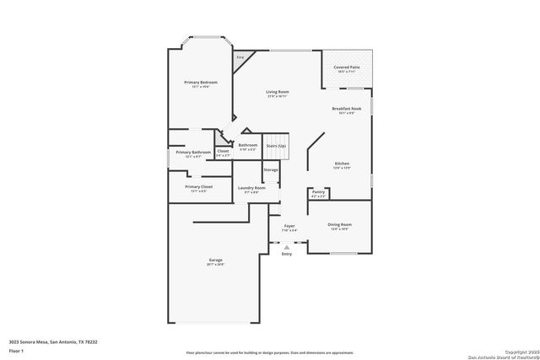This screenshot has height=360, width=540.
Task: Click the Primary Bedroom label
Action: (x=201, y=82)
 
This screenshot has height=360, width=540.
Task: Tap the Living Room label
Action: (x=278, y=92)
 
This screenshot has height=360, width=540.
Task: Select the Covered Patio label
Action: (x=347, y=67)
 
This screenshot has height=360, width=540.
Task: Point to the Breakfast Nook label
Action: (x=346, y=109)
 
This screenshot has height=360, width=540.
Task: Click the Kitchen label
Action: (x=342, y=164)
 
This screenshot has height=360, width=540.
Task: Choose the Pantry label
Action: (x=318, y=192)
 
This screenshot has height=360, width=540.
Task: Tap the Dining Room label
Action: (x=339, y=224)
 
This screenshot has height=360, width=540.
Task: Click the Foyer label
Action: (x=289, y=226)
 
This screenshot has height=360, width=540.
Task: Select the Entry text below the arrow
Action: (x=287, y=253)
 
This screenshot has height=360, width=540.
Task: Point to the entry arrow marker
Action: (x=287, y=245)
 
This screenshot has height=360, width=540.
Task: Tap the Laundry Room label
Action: (x=251, y=188)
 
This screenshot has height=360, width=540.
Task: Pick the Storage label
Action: (x=270, y=170)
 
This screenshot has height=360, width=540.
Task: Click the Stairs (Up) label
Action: (x=276, y=145)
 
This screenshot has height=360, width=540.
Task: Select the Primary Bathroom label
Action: (x=193, y=153)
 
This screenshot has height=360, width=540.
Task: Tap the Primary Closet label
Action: (x=199, y=186)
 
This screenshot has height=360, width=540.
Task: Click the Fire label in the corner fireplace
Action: (x=239, y=58)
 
